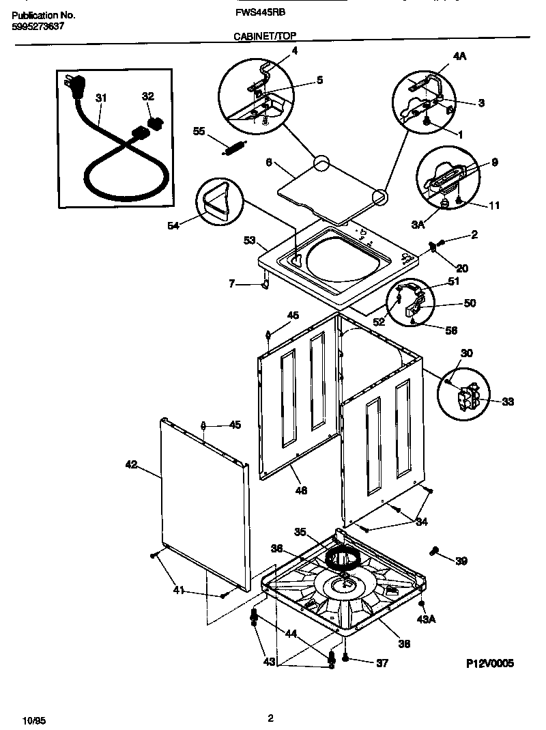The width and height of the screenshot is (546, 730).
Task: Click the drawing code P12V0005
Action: [489, 663]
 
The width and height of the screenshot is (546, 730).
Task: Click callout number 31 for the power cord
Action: [102, 98]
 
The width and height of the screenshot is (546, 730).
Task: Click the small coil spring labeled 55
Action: [235, 147]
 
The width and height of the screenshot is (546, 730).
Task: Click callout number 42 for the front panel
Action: [131, 465]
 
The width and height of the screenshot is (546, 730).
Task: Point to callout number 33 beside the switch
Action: [507, 402]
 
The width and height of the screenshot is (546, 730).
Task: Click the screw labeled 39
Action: [434, 551]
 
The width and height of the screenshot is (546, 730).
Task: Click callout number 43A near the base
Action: [425, 619]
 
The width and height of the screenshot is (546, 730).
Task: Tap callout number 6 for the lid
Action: [269, 163]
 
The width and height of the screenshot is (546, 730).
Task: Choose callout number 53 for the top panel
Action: [249, 240]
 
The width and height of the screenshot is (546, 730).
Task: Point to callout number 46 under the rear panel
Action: [301, 490]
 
